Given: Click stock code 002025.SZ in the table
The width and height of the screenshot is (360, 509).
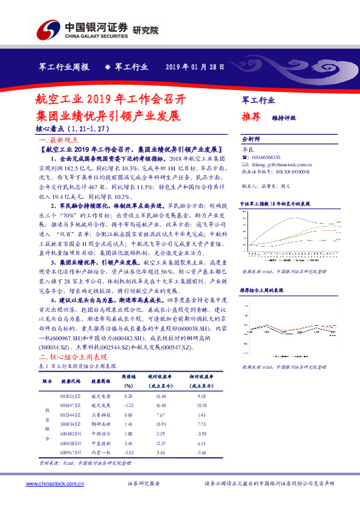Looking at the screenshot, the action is pos(71,396).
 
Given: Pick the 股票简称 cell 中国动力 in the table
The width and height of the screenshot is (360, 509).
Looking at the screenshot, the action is pos(100,433).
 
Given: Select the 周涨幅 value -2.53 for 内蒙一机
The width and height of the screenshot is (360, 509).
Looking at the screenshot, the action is pos(128,452).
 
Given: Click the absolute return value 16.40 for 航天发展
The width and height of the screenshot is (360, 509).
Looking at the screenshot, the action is pos(160,405).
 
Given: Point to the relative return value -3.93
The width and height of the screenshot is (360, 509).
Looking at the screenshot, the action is pos(201,433).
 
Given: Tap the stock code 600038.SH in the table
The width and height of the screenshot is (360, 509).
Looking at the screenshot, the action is pos(71,443).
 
